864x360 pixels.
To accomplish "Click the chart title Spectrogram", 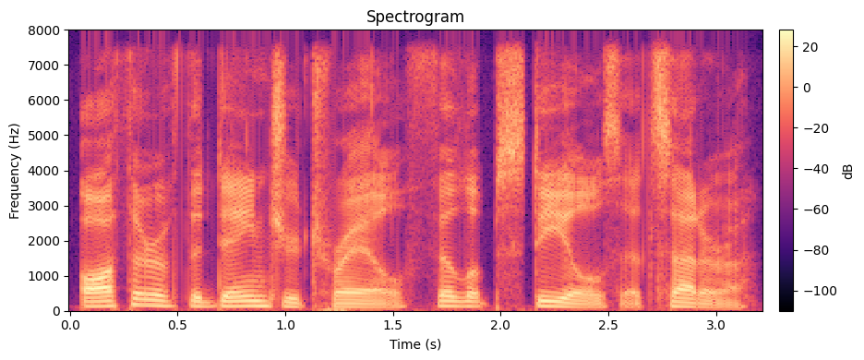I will tap(414, 17).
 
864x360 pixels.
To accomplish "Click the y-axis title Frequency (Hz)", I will tap(15, 171).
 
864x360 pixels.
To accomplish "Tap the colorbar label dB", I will tap(846, 171).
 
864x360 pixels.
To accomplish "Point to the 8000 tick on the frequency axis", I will tap(46, 30).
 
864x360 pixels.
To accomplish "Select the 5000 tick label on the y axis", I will tap(46, 136).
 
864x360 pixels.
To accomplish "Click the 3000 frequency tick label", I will tap(46, 206).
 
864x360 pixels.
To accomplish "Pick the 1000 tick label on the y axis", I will tap(46, 276).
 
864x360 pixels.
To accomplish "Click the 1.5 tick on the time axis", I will tap(392, 326).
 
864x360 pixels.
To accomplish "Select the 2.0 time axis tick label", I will tap(500, 326).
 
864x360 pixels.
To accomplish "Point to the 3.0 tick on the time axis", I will tap(715, 326).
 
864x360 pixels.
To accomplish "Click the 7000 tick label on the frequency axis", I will tap(46, 66).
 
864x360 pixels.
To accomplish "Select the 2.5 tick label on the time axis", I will tap(608, 326).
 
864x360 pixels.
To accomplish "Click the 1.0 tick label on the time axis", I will tap(285, 326).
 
